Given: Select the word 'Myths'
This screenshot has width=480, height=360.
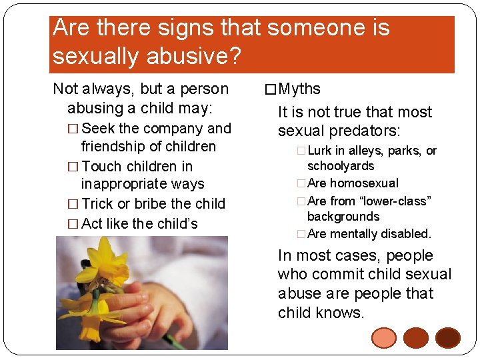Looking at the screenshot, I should (x=299, y=89).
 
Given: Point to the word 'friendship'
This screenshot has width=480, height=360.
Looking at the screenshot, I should (x=115, y=147).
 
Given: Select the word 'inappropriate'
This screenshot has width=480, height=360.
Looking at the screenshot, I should (x=142, y=184).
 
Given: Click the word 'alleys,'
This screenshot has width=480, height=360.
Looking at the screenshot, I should (x=362, y=151).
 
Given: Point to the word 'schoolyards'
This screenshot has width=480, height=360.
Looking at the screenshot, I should (x=340, y=166).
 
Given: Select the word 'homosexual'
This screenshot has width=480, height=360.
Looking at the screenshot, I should (x=364, y=183).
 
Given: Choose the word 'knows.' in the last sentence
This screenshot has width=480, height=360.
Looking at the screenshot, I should (x=341, y=312).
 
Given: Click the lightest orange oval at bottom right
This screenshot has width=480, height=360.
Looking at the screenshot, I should (x=384, y=337).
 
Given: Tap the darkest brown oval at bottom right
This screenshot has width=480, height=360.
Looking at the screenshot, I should (x=447, y=337).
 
